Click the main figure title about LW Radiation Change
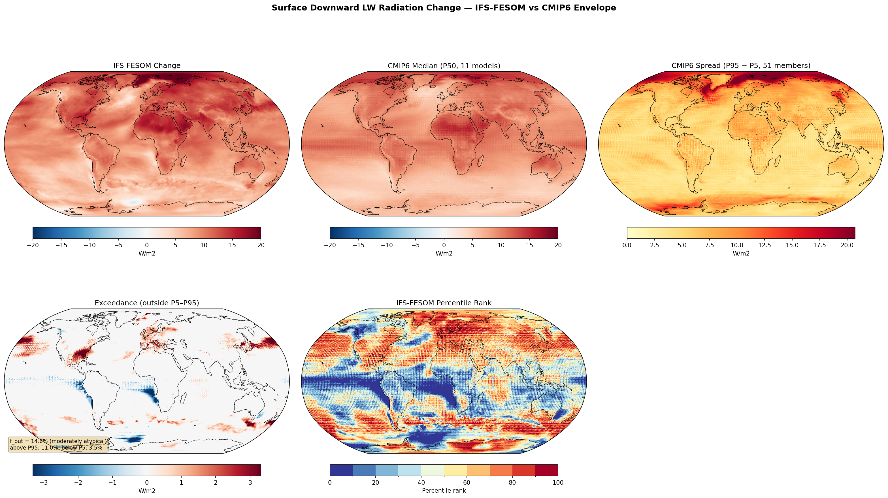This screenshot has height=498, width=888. click(x=444, y=8)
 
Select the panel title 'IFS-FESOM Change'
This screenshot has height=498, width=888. click(x=146, y=65)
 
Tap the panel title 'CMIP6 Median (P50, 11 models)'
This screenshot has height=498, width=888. click(x=444, y=65)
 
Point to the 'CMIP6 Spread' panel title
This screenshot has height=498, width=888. click(x=741, y=65)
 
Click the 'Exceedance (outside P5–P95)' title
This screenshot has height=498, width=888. click(x=146, y=303)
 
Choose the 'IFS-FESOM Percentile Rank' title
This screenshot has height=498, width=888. click(x=444, y=303)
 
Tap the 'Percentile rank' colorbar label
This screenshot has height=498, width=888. click(x=444, y=490)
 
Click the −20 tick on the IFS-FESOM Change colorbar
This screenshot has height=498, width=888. click(x=33, y=245)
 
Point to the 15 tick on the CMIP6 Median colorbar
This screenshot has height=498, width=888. click(x=529, y=245)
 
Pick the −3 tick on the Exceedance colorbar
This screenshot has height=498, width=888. click(x=44, y=482)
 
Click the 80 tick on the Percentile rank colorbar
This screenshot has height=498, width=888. click(x=512, y=482)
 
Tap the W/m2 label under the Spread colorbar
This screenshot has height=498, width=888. click(x=741, y=253)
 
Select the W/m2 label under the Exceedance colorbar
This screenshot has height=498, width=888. click(x=146, y=490)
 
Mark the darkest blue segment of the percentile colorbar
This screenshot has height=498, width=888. click(x=341, y=470)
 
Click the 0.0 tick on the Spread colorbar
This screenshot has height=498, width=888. click(x=627, y=245)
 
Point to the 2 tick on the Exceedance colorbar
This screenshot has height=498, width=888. click(x=216, y=482)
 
